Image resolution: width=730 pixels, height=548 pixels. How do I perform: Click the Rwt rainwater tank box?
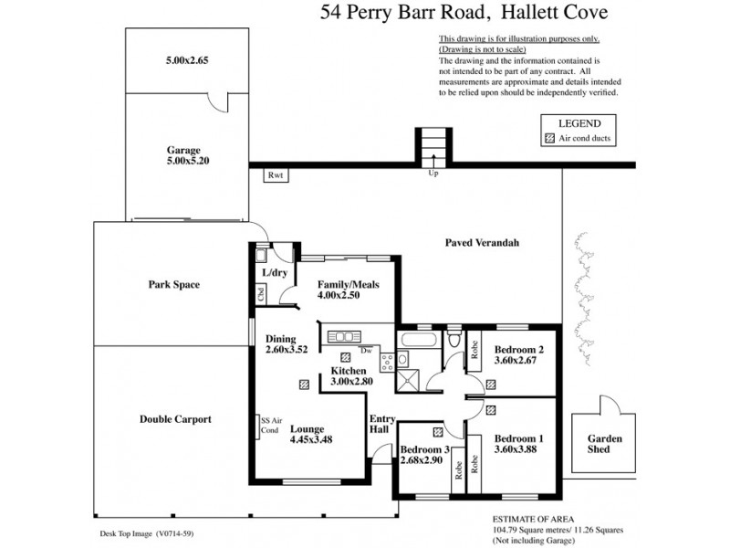(x=275, y=175)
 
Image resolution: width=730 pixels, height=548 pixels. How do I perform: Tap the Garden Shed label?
(x=604, y=445)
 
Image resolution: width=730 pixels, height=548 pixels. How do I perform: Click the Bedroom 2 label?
(x=518, y=349)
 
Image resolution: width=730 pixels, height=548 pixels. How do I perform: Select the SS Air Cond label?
(x=269, y=425)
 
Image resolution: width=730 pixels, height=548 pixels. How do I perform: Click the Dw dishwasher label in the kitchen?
(x=364, y=350)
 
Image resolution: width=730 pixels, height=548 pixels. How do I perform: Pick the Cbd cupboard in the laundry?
(x=261, y=294)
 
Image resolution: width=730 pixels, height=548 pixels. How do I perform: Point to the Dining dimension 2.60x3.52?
(x=287, y=349)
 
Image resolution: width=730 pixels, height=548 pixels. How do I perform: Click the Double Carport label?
(x=175, y=419)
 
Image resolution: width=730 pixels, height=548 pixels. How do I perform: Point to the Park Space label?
(x=173, y=284)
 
